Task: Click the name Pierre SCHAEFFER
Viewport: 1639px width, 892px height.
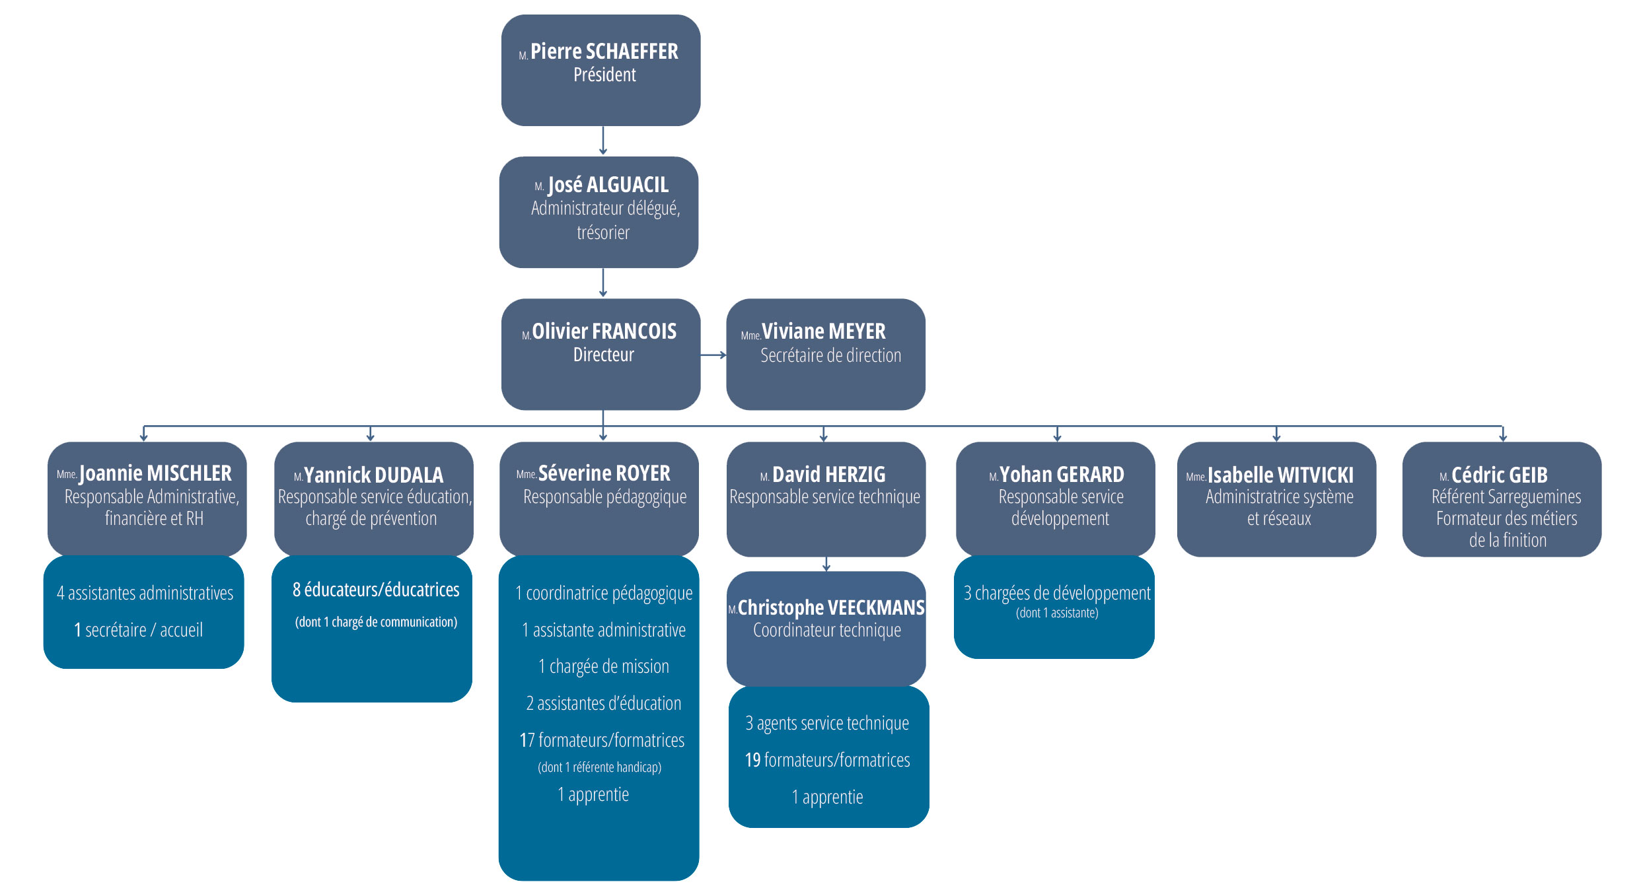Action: tap(604, 51)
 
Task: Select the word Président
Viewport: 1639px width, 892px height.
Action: tap(604, 75)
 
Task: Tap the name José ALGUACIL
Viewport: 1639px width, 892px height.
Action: tap(608, 185)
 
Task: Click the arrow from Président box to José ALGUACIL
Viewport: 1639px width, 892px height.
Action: tap(602, 141)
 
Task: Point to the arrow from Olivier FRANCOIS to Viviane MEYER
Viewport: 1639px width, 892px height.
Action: tap(713, 355)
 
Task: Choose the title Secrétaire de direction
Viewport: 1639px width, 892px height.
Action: tap(830, 356)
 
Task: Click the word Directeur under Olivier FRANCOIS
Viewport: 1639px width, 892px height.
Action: tap(603, 355)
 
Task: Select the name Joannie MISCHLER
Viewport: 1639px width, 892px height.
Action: tap(155, 473)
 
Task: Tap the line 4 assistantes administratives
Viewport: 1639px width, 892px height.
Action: tap(145, 593)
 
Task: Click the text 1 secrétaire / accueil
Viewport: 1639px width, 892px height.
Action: tap(138, 630)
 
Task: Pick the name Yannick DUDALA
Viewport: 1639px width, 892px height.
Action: tap(373, 475)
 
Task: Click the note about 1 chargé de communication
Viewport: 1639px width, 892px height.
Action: tap(376, 622)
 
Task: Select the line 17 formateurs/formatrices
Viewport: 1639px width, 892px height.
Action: tap(602, 740)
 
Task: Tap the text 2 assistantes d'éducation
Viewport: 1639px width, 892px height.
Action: tap(603, 703)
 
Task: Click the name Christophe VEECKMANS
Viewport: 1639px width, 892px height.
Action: tap(830, 607)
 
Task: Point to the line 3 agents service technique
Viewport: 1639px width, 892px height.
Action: tap(827, 723)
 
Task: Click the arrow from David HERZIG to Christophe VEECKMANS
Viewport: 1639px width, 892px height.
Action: tap(826, 564)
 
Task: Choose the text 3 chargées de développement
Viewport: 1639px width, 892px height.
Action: tap(1057, 593)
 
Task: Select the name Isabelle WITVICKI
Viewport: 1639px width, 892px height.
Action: tap(1280, 475)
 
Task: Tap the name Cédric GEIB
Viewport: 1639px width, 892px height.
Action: tap(1499, 475)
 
